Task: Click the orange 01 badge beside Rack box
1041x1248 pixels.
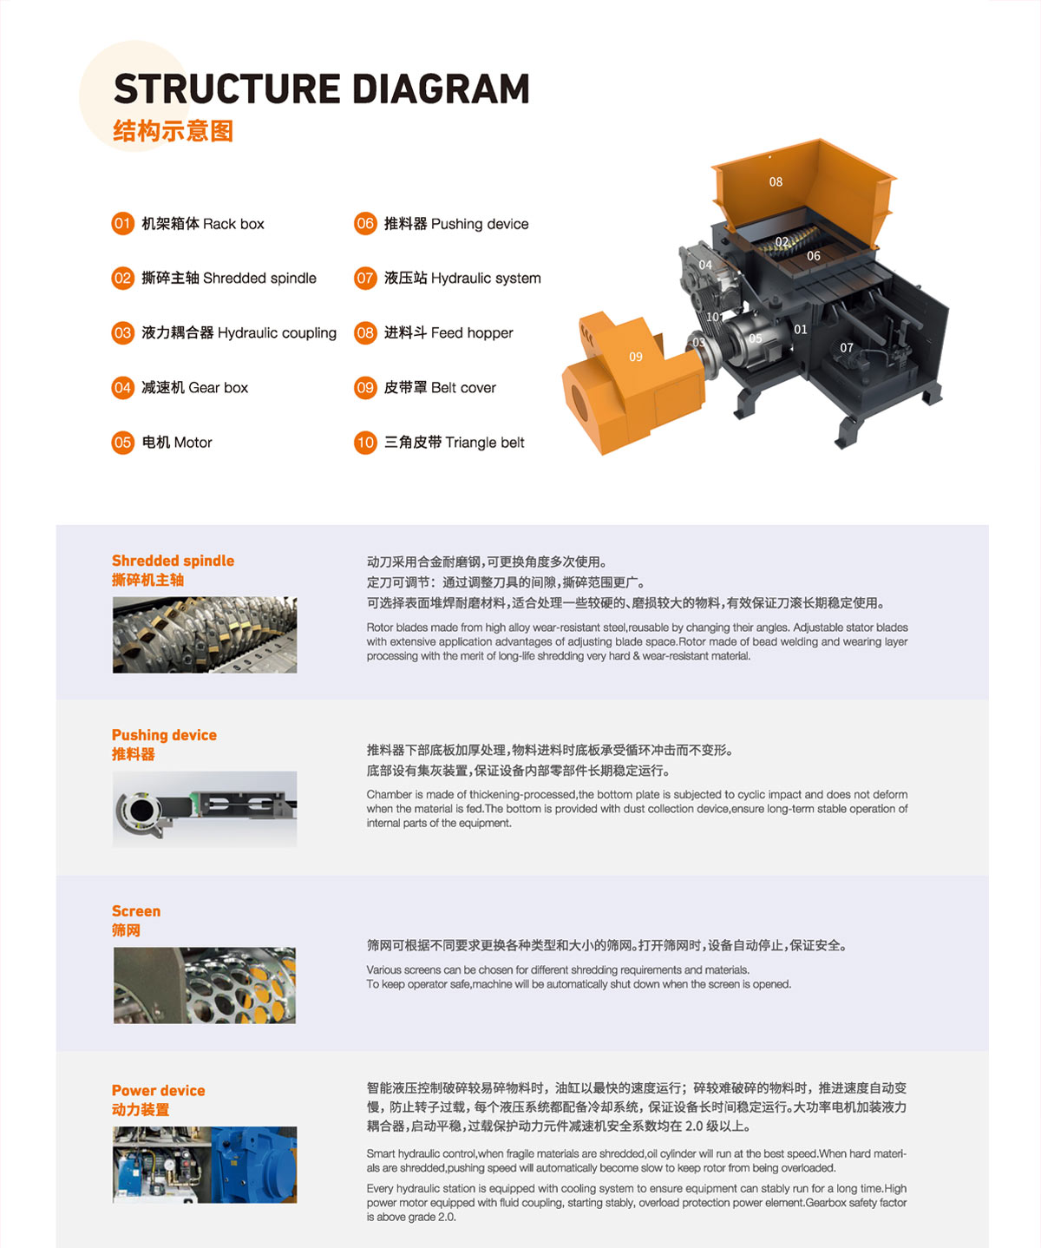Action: [x=122, y=224]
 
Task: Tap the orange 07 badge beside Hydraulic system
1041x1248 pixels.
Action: [x=365, y=278]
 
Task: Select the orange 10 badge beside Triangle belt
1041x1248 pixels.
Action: [x=365, y=443]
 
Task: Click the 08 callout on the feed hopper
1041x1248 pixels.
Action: [x=776, y=181]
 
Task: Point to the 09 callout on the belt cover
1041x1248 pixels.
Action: [x=636, y=357]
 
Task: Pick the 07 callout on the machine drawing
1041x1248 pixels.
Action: [x=847, y=347]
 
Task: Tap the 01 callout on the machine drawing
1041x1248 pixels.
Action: [x=801, y=329]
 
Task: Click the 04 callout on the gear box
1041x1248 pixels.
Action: [x=706, y=264]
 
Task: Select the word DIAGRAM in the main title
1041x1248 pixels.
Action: [x=441, y=89]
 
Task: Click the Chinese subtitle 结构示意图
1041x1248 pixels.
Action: [x=173, y=131]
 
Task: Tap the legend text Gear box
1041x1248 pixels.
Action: [x=218, y=387]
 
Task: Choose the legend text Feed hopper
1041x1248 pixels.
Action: [x=472, y=333]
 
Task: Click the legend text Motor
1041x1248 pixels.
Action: [x=193, y=443]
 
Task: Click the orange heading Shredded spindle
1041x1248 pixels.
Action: [x=173, y=561]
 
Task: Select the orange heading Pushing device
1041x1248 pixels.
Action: [x=164, y=734]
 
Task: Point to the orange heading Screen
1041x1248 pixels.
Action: [x=136, y=911]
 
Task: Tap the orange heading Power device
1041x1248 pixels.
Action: [x=159, y=1090]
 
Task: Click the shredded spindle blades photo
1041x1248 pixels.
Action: [x=205, y=634]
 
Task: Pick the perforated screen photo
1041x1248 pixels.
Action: [x=205, y=986]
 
